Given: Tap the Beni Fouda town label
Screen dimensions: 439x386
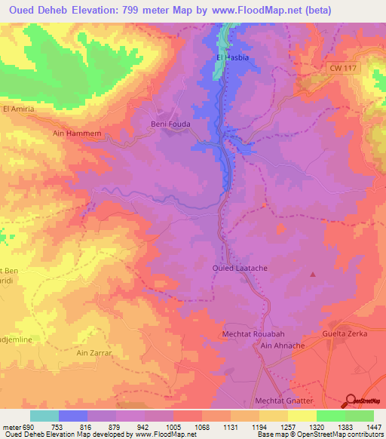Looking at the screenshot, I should [169, 124].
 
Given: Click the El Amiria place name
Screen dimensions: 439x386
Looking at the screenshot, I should [20, 109].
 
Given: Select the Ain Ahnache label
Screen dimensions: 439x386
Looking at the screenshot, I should [280, 345].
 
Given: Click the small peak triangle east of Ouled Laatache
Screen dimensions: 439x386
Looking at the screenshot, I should [312, 274].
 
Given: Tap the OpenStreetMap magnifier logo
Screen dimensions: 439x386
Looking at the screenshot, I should [351, 401].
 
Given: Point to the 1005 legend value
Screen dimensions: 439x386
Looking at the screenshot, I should [173, 428].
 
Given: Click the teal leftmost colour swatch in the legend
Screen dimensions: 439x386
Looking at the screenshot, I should [44, 416].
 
